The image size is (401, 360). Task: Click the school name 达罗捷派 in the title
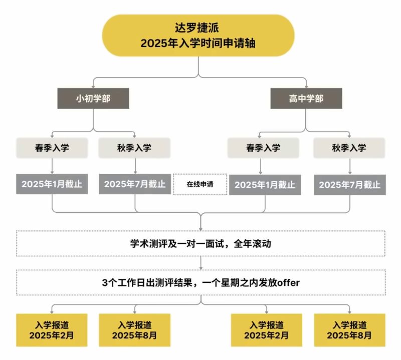pos(196,28)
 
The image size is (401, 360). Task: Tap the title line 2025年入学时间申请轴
pos(198,43)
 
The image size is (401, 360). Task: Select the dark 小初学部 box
pos(93,98)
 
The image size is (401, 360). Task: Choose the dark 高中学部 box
pos(306,98)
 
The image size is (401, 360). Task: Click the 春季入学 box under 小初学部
pos(52,148)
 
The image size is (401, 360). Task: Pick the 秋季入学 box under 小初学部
pos(134,148)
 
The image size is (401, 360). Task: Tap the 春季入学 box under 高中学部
pos(263,148)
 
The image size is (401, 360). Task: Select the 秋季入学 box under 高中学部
pos(349,148)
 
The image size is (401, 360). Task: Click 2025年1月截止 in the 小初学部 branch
pos(52,184)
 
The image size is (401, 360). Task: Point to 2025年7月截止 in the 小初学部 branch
pos(135,184)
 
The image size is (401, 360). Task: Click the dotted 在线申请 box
pos(200,184)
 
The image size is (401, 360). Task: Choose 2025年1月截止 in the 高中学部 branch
pos(265,185)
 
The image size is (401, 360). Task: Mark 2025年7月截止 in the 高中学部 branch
pos(350,185)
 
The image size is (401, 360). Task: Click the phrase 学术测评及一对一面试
pos(177,243)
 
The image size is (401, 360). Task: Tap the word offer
pos(288,282)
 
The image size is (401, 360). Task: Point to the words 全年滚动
pos(252,243)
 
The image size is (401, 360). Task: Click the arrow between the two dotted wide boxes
pos(201,263)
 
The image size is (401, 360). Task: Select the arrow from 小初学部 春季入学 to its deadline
pos(52,166)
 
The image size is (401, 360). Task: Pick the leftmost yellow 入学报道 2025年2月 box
pos(52,330)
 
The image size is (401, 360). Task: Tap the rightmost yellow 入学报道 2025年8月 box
pos(349,330)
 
